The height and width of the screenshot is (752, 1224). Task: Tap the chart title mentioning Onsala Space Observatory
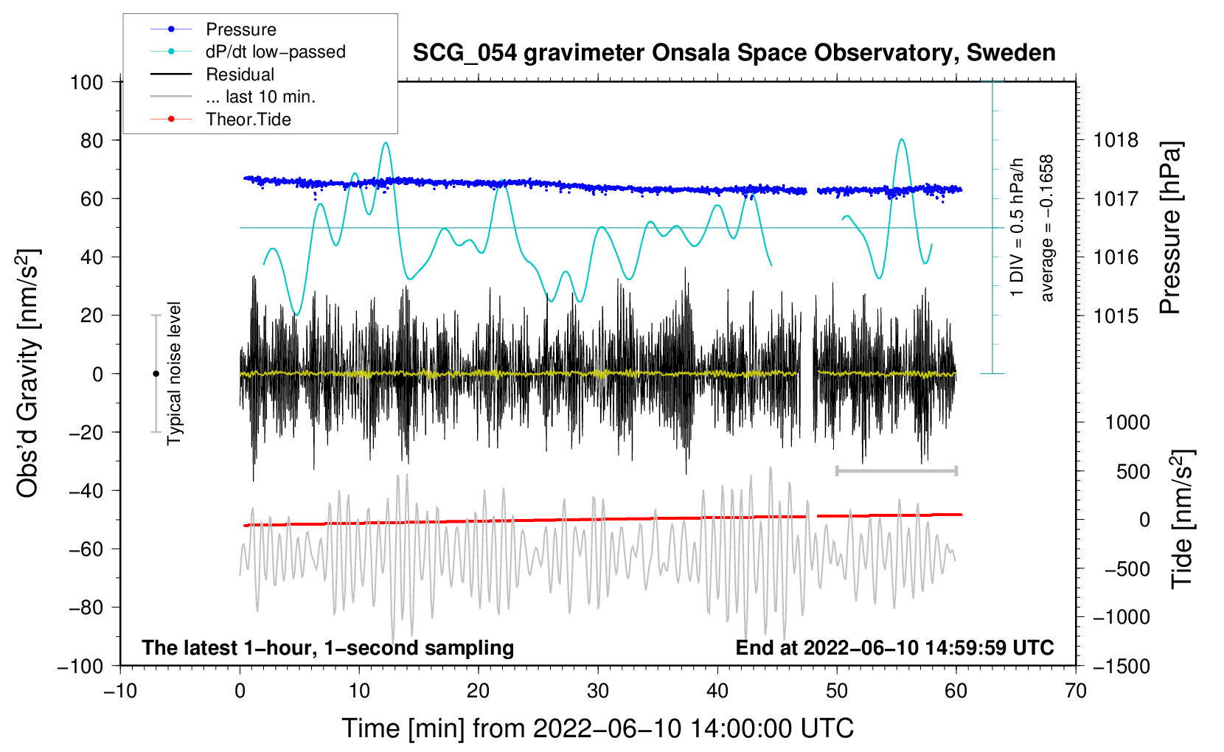coord(734,53)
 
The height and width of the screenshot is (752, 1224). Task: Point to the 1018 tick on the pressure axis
coord(1116,140)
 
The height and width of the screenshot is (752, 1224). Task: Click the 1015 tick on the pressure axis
coord(1116,316)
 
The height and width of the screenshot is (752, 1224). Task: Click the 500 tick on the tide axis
coord(1133,471)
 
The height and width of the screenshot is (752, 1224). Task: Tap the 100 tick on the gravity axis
coord(86,82)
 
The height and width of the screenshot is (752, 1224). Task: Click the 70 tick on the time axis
coord(1076,691)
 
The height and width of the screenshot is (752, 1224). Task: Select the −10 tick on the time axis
coord(120,691)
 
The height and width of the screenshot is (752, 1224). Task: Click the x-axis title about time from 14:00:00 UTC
coord(598,728)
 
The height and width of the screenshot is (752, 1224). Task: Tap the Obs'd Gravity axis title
coord(28,373)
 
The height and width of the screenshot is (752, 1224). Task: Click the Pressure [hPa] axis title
coord(1170,229)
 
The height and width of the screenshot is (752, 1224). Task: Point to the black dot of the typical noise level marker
coord(156,374)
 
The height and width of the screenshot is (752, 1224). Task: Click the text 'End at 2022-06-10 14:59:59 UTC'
coord(894,648)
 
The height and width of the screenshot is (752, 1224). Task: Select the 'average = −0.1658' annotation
coord(1047,229)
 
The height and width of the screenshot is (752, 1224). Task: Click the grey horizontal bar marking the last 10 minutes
coord(896,470)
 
